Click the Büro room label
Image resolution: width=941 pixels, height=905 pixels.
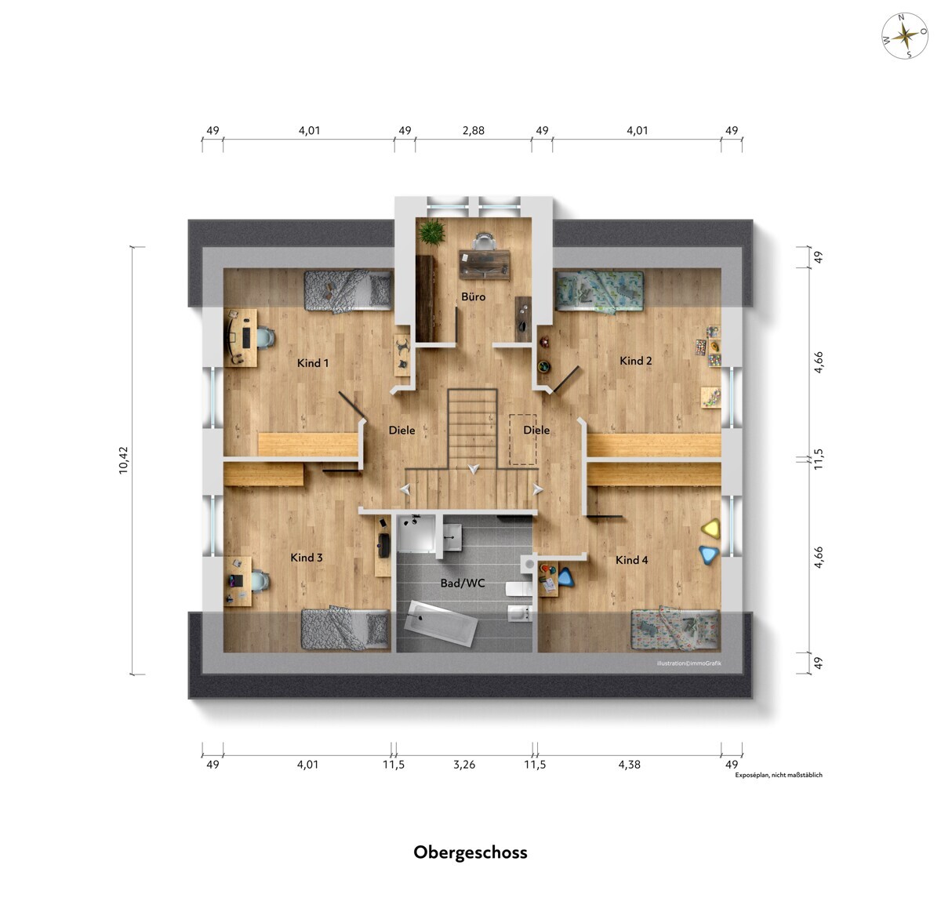click(x=473, y=296)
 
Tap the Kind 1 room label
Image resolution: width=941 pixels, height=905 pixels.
click(x=313, y=363)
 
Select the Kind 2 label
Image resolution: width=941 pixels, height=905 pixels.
click(x=635, y=361)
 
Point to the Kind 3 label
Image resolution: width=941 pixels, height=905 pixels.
click(x=306, y=558)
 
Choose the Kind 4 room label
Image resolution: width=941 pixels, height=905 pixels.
click(x=631, y=560)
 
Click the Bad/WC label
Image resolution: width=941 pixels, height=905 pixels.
click(x=463, y=583)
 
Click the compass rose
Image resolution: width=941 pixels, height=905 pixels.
click(x=905, y=36)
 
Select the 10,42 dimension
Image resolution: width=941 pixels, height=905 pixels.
click(x=123, y=460)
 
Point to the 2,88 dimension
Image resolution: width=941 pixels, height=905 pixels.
click(x=473, y=131)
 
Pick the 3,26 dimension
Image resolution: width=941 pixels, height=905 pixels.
click(x=464, y=765)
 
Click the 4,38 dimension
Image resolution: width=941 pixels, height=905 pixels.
click(x=629, y=765)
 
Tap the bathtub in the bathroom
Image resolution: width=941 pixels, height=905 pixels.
click(x=441, y=623)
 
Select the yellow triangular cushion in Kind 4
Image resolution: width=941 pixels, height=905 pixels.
click(x=710, y=529)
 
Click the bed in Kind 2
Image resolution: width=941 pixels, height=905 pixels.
click(x=600, y=290)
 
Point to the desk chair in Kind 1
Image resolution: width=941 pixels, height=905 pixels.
click(x=265, y=338)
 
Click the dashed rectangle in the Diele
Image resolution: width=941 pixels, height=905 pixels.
click(x=523, y=439)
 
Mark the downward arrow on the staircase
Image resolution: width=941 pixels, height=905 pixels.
click(x=474, y=469)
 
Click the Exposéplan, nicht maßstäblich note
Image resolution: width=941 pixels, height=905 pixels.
click(x=779, y=775)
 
